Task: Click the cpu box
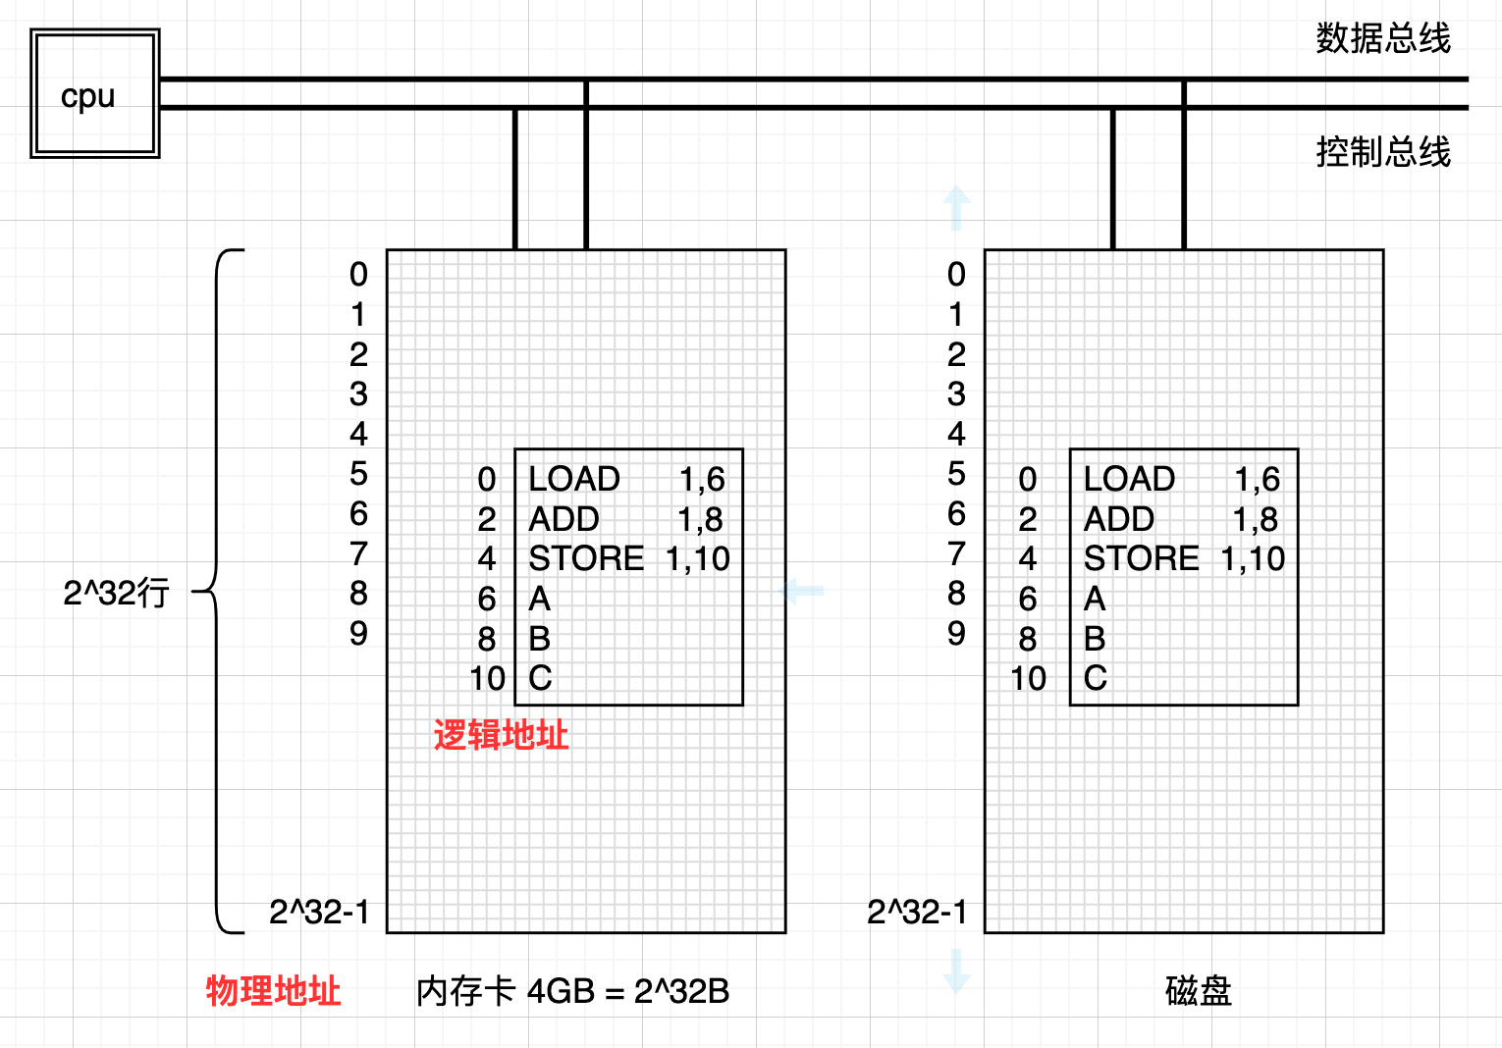click(x=94, y=94)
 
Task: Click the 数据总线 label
click(x=1382, y=39)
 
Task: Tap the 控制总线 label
click(x=1382, y=152)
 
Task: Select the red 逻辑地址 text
click(x=501, y=735)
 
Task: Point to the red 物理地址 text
click(x=273, y=991)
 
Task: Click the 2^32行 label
click(x=116, y=593)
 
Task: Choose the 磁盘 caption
click(x=1198, y=991)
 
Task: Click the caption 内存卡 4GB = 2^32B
click(x=572, y=991)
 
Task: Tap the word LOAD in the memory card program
click(x=574, y=479)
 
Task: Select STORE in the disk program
click(x=1141, y=558)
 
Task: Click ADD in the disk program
click(x=1118, y=519)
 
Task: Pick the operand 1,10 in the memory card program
click(x=698, y=558)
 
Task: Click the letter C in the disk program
click(x=1095, y=678)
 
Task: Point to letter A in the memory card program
click(x=539, y=599)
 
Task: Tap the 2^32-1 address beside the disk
click(x=917, y=912)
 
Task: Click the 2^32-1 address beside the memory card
click(x=319, y=912)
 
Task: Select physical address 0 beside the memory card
click(x=358, y=275)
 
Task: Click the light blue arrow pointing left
click(x=802, y=591)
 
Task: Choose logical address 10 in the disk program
click(x=1028, y=678)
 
